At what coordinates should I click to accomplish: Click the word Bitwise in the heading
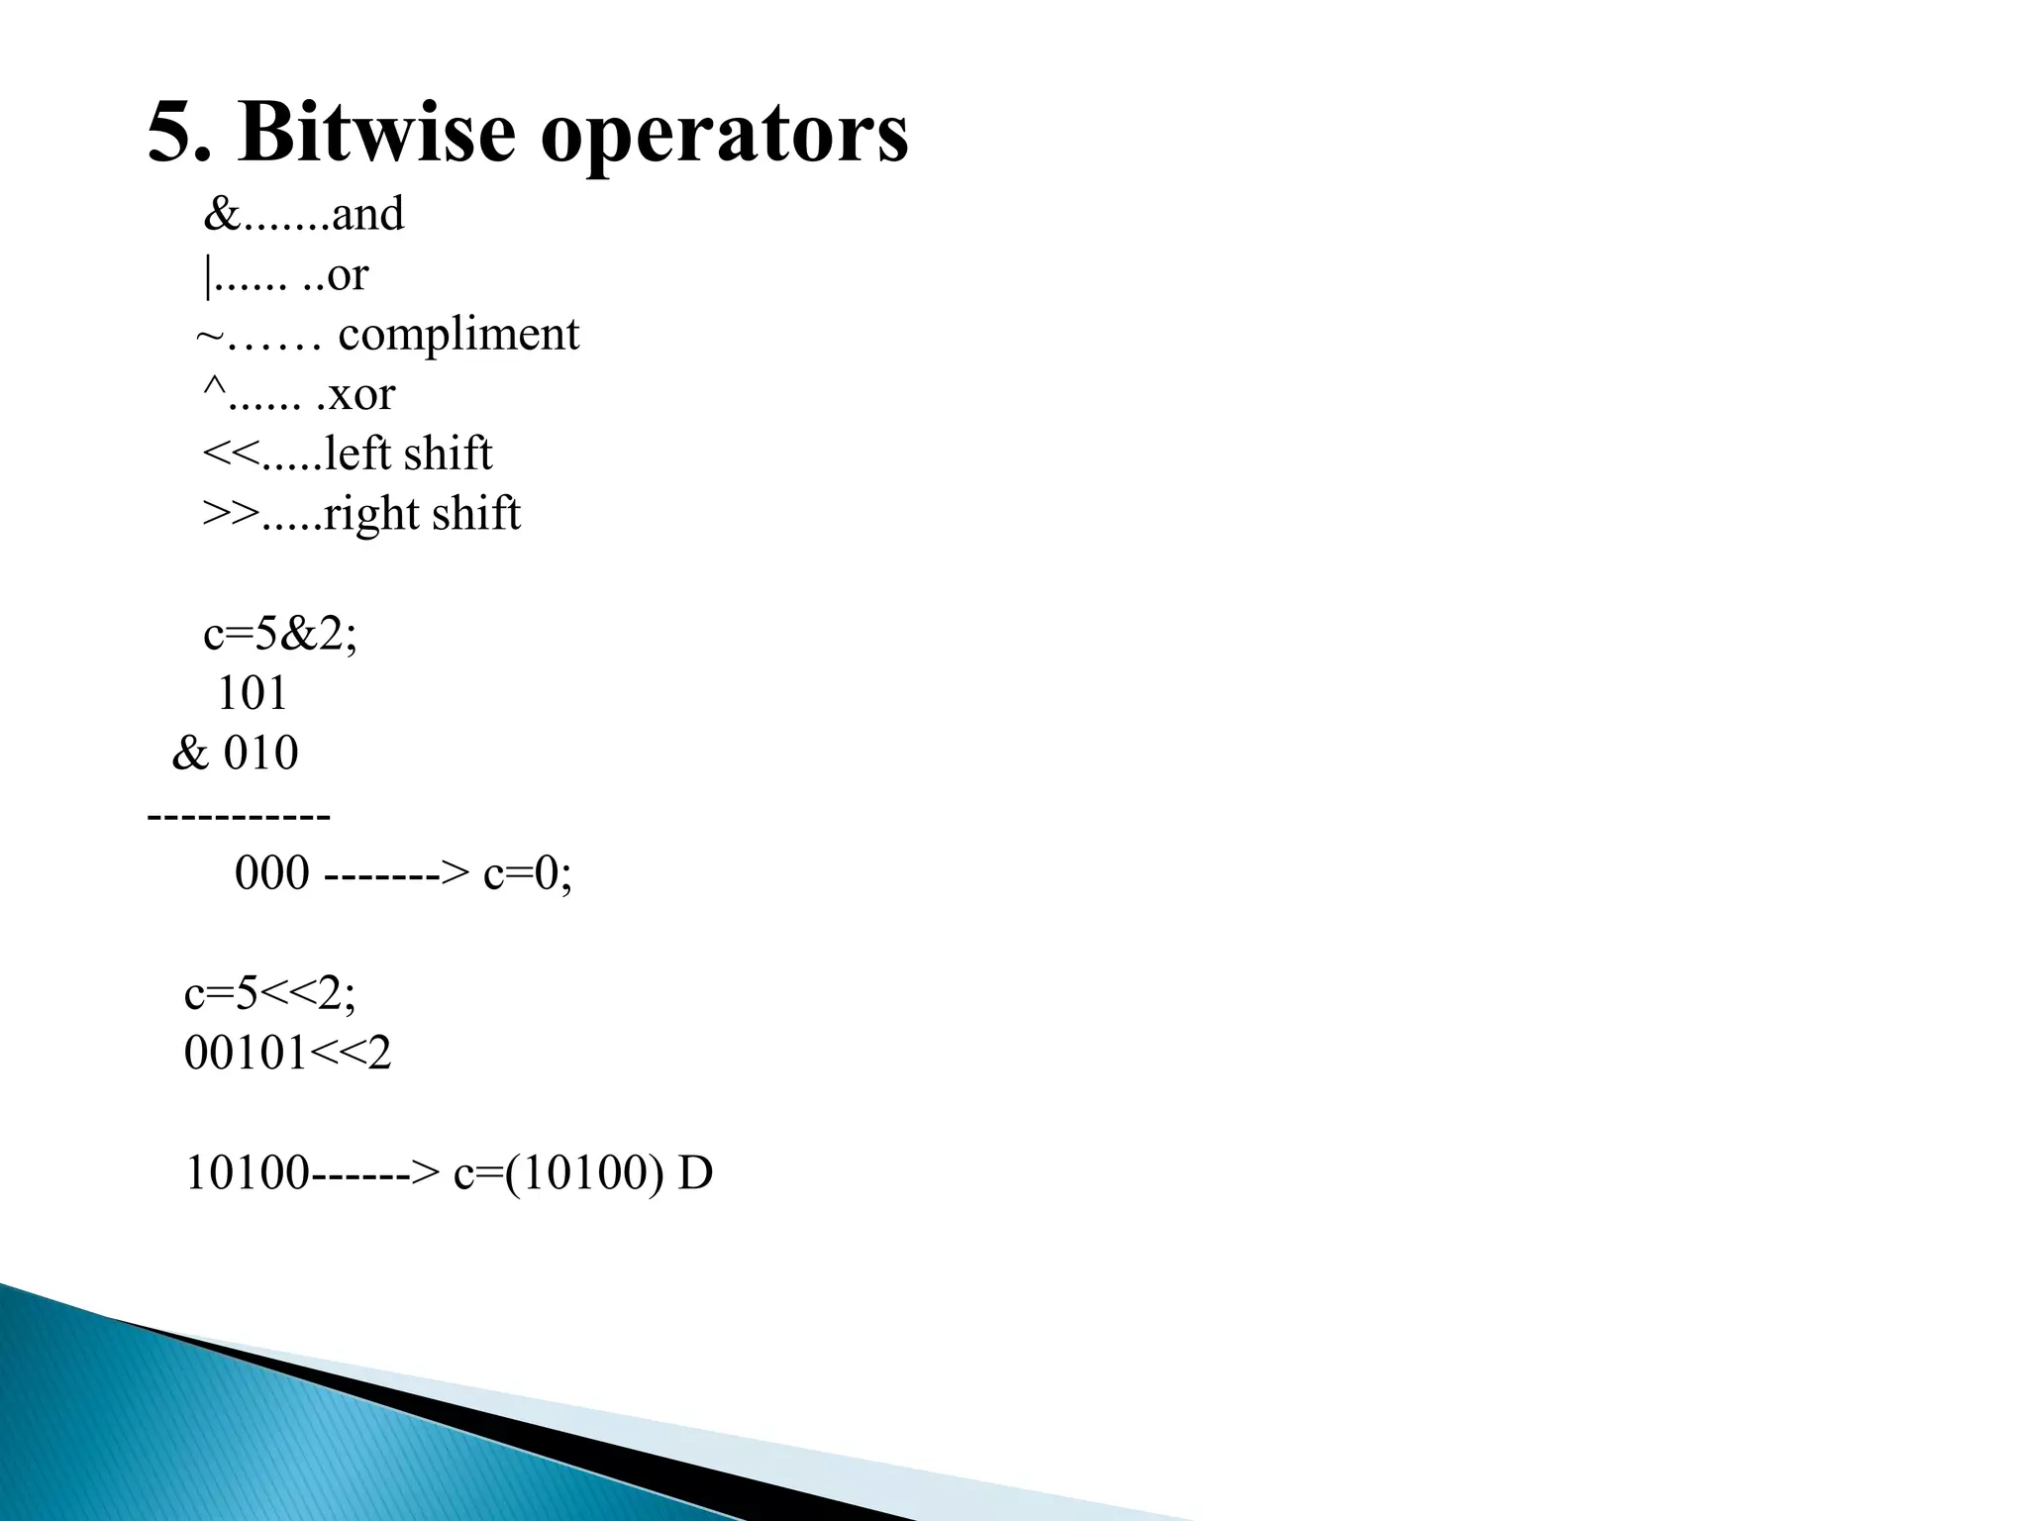[x=376, y=133]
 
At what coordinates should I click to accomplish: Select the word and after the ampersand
[x=367, y=215]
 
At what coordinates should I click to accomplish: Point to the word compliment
[x=458, y=335]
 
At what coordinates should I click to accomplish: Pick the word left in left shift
[x=357, y=455]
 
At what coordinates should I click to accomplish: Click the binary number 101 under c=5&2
[x=252, y=694]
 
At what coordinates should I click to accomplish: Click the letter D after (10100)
[x=695, y=1174]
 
